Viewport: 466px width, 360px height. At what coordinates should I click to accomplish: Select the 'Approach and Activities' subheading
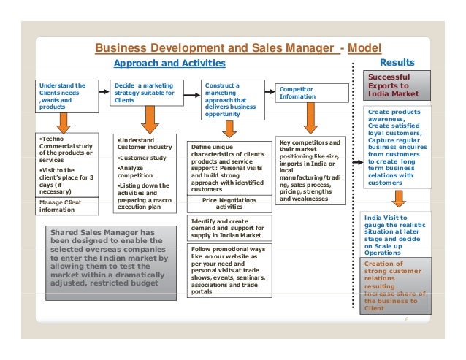[x=169, y=64]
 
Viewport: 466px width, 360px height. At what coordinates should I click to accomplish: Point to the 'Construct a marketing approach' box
[x=231, y=99]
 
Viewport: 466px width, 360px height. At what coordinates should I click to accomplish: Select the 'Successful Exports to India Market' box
[x=398, y=85]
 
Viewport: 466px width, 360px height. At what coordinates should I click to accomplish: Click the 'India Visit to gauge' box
[x=399, y=234]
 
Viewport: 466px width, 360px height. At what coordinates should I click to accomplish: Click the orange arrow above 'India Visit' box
[x=399, y=198]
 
